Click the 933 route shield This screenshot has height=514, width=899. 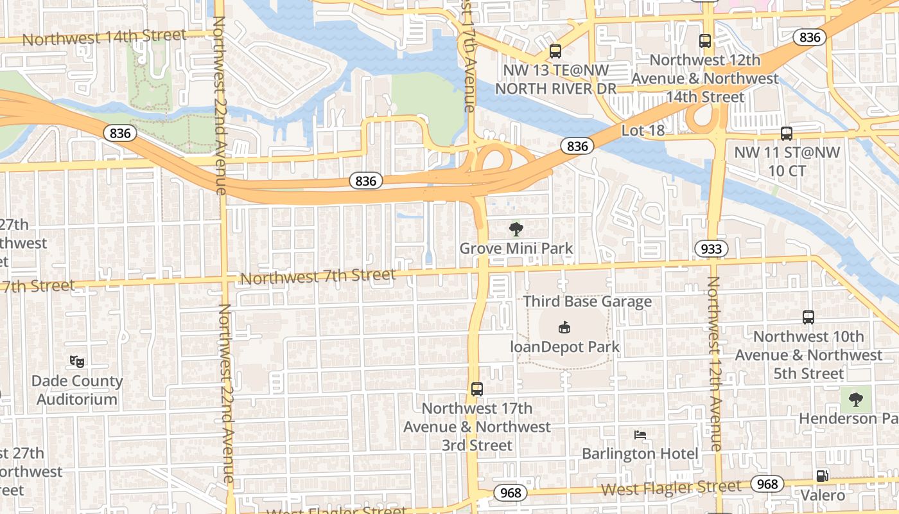point(711,249)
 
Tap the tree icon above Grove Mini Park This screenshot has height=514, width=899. point(516,229)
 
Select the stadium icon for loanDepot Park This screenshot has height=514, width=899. point(564,327)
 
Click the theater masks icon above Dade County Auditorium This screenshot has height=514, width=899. point(77,361)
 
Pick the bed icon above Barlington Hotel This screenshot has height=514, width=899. point(640,435)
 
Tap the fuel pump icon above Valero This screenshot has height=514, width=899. point(822,476)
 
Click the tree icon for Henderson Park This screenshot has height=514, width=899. point(855,400)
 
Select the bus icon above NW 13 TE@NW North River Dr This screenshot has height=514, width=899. point(555,51)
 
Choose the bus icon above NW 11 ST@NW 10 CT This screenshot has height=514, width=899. point(787,134)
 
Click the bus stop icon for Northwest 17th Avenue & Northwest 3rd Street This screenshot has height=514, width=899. point(476,389)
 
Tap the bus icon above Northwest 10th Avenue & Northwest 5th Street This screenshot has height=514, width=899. point(808,317)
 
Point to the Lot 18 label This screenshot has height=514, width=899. point(643,130)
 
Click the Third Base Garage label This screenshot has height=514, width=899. point(587,301)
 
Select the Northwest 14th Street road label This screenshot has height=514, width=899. point(104,37)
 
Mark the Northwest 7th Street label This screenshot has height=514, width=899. point(318,277)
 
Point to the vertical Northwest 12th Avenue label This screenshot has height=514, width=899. point(713,363)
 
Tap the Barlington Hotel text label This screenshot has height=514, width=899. point(640,454)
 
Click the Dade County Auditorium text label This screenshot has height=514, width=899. point(77,390)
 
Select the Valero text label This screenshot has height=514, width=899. point(823,495)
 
